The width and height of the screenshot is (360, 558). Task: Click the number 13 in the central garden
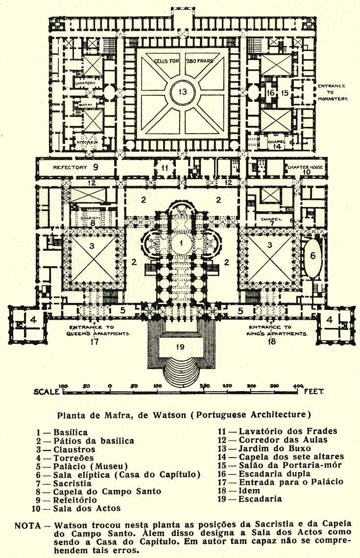coord(182,92)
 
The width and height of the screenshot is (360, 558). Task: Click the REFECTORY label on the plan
coord(70,167)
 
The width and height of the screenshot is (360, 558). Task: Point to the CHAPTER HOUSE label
coord(306,167)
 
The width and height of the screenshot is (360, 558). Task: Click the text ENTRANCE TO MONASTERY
coord(333,92)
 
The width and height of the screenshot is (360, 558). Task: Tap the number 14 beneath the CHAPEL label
coord(277,146)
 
